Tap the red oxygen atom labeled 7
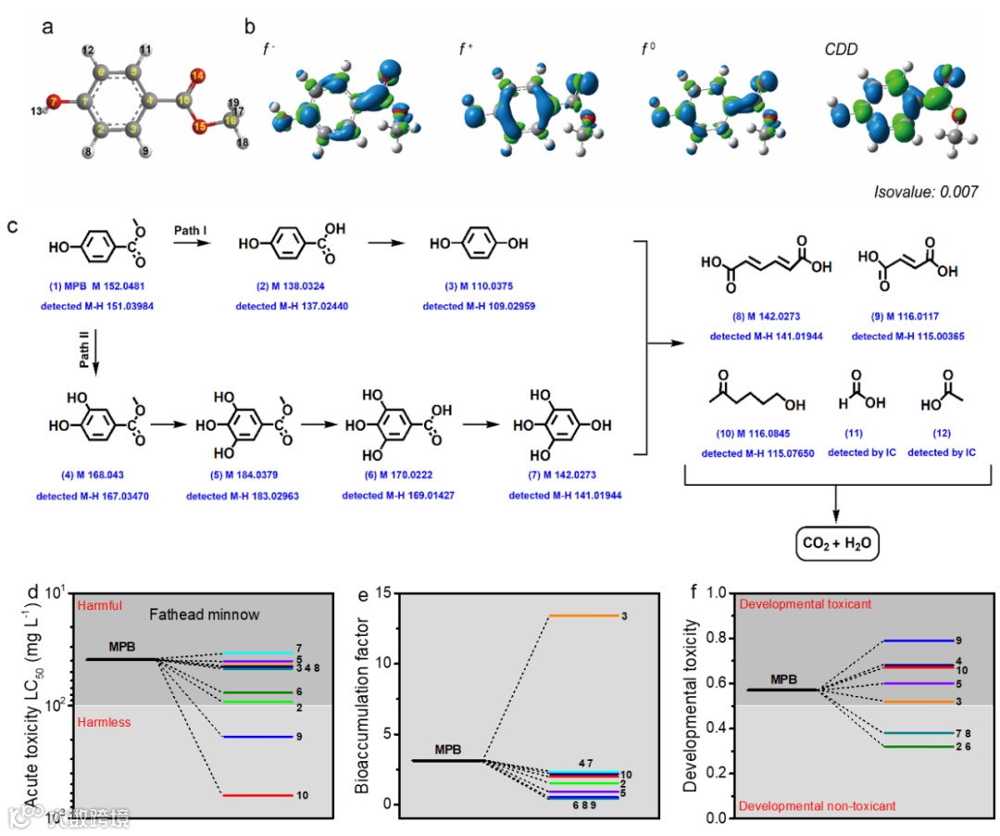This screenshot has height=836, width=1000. [x=54, y=100]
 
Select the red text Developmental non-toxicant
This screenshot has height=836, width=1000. [x=818, y=806]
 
